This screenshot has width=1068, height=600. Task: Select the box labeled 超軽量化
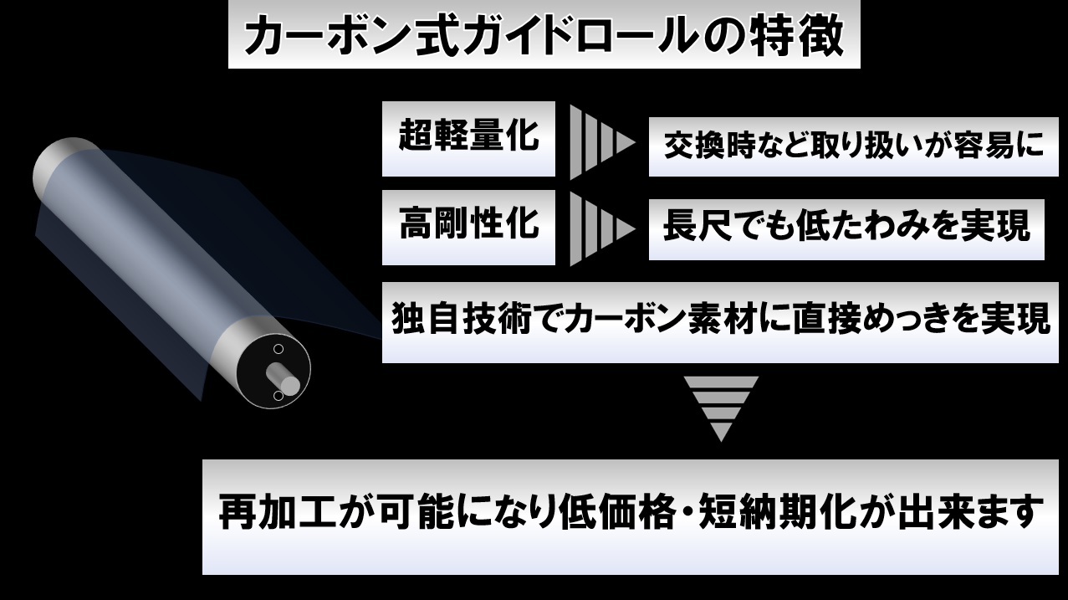point(468,138)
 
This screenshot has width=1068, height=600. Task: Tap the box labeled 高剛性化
point(468,227)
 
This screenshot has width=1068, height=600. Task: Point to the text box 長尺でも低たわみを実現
point(846,227)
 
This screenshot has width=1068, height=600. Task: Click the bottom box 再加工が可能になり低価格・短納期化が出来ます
point(631,515)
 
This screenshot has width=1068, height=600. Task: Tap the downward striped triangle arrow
point(720,407)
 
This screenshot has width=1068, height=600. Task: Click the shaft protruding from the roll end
point(288,382)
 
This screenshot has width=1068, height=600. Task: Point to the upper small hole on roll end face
point(278,348)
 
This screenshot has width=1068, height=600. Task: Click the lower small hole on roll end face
point(278,396)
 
